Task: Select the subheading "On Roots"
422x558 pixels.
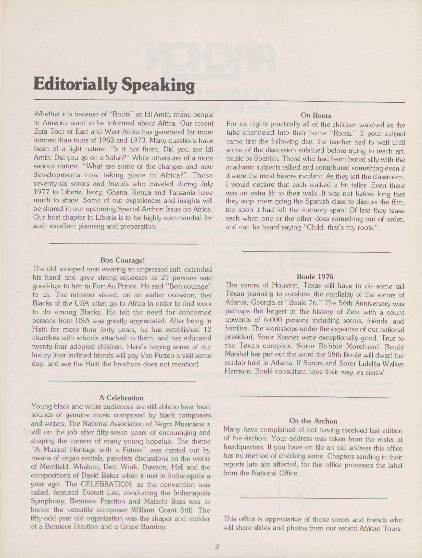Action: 316,116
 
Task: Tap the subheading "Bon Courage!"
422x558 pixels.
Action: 122,260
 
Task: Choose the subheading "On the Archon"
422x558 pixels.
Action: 313,421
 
